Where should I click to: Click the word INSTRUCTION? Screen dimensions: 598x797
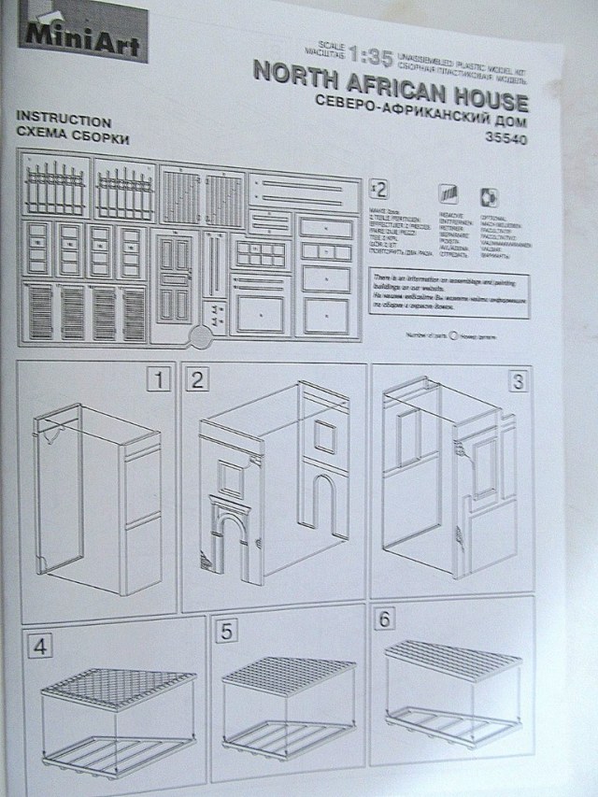[x=64, y=121]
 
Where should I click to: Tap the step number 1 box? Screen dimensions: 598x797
[x=160, y=379]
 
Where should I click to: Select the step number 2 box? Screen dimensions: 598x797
[x=197, y=379]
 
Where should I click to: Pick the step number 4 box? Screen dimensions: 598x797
[x=39, y=644]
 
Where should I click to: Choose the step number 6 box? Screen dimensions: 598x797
[x=385, y=619]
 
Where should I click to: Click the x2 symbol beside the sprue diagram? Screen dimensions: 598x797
[x=379, y=188]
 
